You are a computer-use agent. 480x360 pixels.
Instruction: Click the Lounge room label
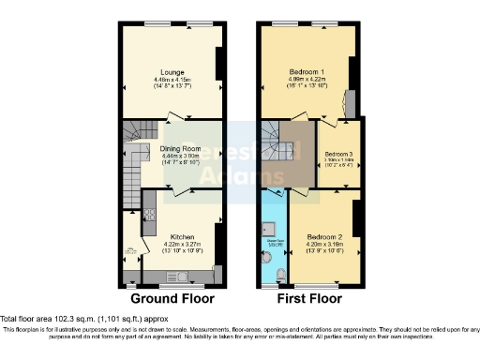[171, 71]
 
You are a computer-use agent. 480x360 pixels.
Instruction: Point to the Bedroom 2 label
[322, 237]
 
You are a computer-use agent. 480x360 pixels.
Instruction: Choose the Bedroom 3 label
[337, 153]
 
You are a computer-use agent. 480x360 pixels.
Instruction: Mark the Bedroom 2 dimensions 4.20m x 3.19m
[322, 245]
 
